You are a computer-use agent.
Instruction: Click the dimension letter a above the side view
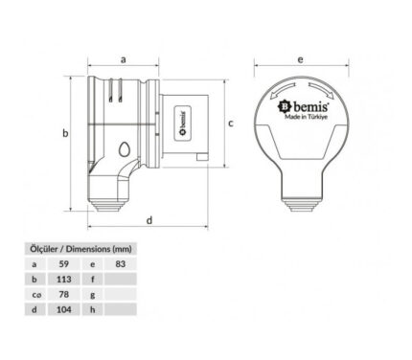pyautogui.click(x=124, y=59)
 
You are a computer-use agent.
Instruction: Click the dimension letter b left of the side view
pyautogui.click(x=65, y=133)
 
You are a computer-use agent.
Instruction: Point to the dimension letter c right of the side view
pyautogui.click(x=231, y=123)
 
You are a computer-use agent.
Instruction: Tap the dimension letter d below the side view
pyautogui.click(x=149, y=220)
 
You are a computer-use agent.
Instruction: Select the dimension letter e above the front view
pyautogui.click(x=300, y=59)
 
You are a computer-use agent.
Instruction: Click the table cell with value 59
pyautogui.click(x=64, y=264)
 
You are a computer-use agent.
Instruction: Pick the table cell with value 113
pyautogui.click(x=64, y=280)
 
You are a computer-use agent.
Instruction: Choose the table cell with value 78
pyautogui.click(x=64, y=294)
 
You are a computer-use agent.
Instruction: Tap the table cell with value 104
pyautogui.click(x=64, y=309)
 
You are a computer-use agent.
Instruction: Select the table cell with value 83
pyautogui.click(x=121, y=264)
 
